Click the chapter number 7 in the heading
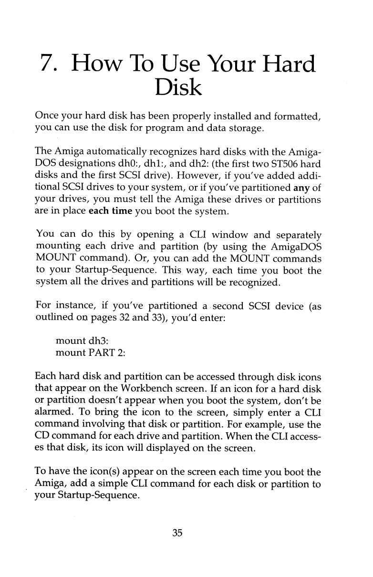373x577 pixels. pyautogui.click(x=47, y=64)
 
